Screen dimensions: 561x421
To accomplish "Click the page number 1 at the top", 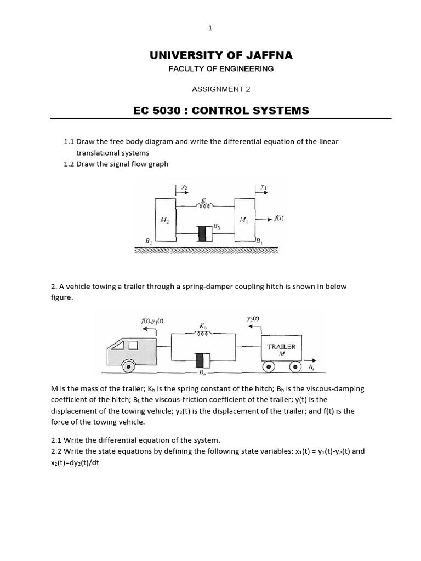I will (210, 28).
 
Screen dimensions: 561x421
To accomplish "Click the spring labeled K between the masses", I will (205, 207).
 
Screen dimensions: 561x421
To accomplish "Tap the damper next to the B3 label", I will (203, 233).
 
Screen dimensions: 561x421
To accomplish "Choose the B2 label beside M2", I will (147, 241).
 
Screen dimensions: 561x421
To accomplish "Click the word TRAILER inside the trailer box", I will (281, 346).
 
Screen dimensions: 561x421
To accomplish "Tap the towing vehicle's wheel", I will (129, 366).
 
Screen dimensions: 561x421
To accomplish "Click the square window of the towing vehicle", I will (133, 345).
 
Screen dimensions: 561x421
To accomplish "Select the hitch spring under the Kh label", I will (203, 333).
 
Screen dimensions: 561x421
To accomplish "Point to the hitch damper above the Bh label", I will (202, 360).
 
